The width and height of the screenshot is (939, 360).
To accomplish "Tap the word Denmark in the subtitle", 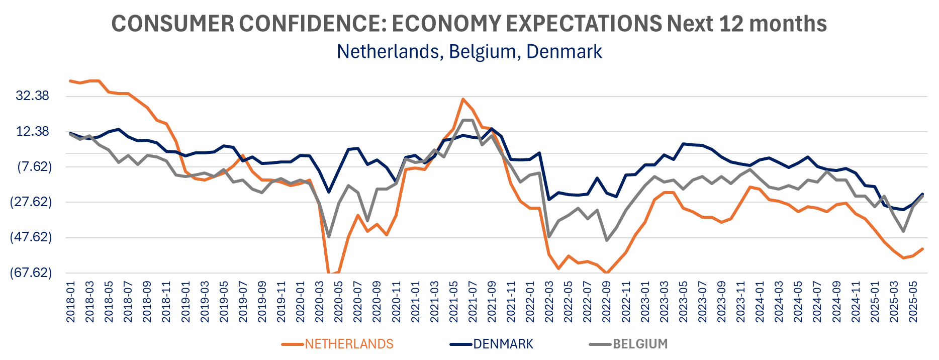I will (564, 52).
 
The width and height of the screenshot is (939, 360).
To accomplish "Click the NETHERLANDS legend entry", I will (349, 344).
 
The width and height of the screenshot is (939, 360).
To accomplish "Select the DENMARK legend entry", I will (503, 344).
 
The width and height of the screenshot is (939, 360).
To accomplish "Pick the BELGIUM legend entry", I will (640, 344).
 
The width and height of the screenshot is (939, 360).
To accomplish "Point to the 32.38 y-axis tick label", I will (33, 96).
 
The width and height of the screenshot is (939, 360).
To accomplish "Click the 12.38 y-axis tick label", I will (33, 131).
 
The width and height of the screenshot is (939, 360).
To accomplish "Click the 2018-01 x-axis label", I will (71, 302).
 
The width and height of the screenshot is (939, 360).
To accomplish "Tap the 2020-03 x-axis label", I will (320, 302).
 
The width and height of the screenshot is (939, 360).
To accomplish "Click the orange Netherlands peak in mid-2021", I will (463, 99).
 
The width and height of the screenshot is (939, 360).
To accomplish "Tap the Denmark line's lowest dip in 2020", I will (329, 192).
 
